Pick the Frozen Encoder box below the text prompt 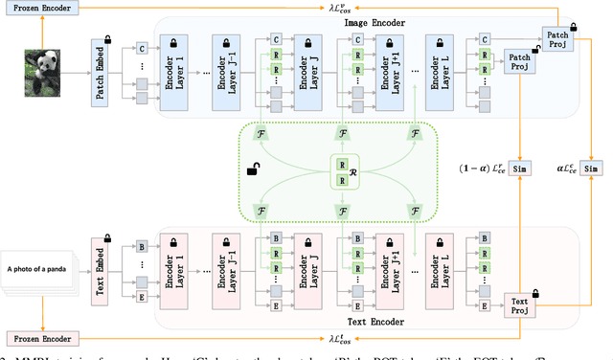40,338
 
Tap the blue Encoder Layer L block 442,70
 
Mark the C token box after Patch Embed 141,46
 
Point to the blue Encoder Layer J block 308,70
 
